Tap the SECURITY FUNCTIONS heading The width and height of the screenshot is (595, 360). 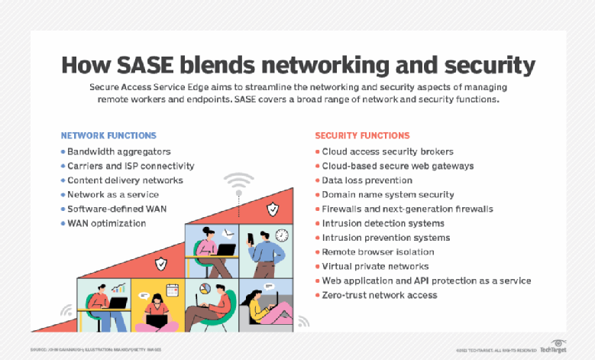[x=362, y=135]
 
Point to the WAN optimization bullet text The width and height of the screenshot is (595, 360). [x=106, y=223]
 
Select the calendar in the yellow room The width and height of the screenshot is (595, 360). [x=172, y=290]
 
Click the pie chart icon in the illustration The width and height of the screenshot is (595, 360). [x=204, y=287]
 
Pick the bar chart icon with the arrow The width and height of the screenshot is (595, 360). [x=118, y=288]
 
